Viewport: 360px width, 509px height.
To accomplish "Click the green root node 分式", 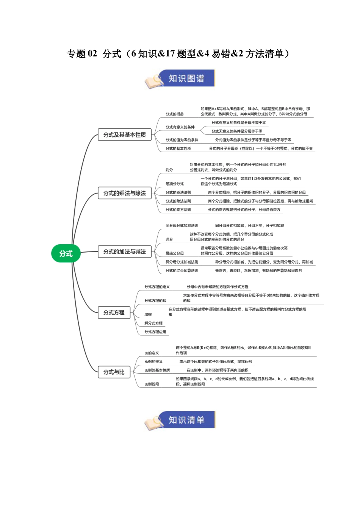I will point(66,254).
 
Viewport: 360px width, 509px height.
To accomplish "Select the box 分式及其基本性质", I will point(125,135).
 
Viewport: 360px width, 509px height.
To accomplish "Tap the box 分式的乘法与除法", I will point(125,193).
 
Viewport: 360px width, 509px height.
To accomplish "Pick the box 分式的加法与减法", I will point(125,251).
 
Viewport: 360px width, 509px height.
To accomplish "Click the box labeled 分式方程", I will point(114,312).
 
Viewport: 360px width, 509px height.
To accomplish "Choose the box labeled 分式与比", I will point(114,372).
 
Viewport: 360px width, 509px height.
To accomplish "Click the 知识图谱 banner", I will point(186,78).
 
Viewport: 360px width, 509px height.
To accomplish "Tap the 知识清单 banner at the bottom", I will point(186,420).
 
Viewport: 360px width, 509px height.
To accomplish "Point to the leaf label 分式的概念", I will point(174,114).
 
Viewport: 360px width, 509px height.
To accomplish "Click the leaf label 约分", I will point(169,170).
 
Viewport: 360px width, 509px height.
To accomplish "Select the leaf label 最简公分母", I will point(174,253).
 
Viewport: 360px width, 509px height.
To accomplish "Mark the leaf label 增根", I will point(148,314).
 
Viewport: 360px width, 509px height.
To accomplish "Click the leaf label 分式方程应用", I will point(155,332).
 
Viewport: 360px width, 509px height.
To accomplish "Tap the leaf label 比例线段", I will point(152,384).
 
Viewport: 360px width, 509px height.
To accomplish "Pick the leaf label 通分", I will point(169,239).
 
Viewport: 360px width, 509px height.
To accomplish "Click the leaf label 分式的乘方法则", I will point(178,210).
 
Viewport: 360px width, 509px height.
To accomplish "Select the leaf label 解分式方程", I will point(153,323).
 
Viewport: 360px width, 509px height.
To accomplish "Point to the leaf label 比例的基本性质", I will point(157,370).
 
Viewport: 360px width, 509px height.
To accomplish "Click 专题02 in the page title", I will point(82,54).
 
